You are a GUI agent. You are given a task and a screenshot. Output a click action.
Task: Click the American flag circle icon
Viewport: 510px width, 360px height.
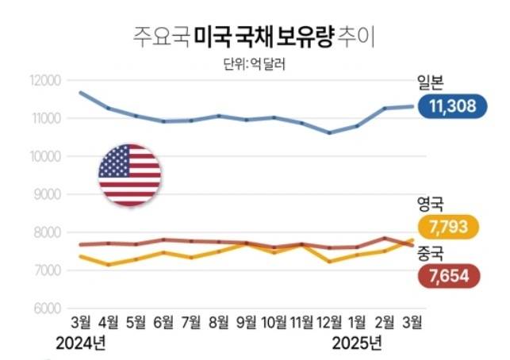129,176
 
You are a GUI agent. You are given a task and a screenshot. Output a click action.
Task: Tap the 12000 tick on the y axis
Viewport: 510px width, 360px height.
46,81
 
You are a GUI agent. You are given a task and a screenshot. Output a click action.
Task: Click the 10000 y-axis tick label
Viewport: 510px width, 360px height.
46,156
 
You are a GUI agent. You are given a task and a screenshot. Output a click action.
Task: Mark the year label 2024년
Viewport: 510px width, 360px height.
80,343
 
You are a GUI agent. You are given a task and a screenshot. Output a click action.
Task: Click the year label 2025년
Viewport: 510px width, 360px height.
356,343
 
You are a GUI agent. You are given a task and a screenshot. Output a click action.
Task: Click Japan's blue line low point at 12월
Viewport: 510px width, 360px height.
329,132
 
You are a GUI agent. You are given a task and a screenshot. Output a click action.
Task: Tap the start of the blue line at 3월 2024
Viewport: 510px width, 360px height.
80,93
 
